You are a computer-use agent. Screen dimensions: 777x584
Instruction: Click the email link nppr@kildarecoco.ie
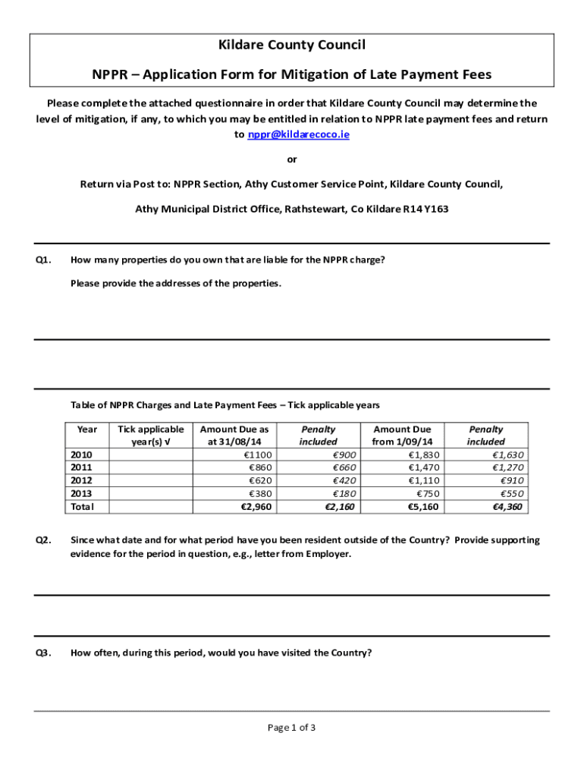[x=299, y=134]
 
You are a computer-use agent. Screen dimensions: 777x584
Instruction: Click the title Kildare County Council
[x=292, y=46]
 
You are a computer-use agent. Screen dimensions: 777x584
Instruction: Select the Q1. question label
[x=43, y=260]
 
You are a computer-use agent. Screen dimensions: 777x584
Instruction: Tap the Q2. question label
[x=43, y=540]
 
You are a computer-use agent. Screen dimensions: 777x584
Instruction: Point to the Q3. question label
[x=43, y=653]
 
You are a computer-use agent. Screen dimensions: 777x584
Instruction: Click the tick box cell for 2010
[x=151, y=455]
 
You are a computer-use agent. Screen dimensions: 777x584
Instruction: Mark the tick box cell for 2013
[x=151, y=493]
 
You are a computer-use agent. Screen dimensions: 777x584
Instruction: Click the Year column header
[x=87, y=429]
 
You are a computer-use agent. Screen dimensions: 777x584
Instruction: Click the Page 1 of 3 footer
[x=292, y=728]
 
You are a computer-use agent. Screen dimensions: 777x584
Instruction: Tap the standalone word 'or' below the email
[x=292, y=159]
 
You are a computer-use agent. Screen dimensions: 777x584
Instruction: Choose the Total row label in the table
[x=83, y=506]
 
